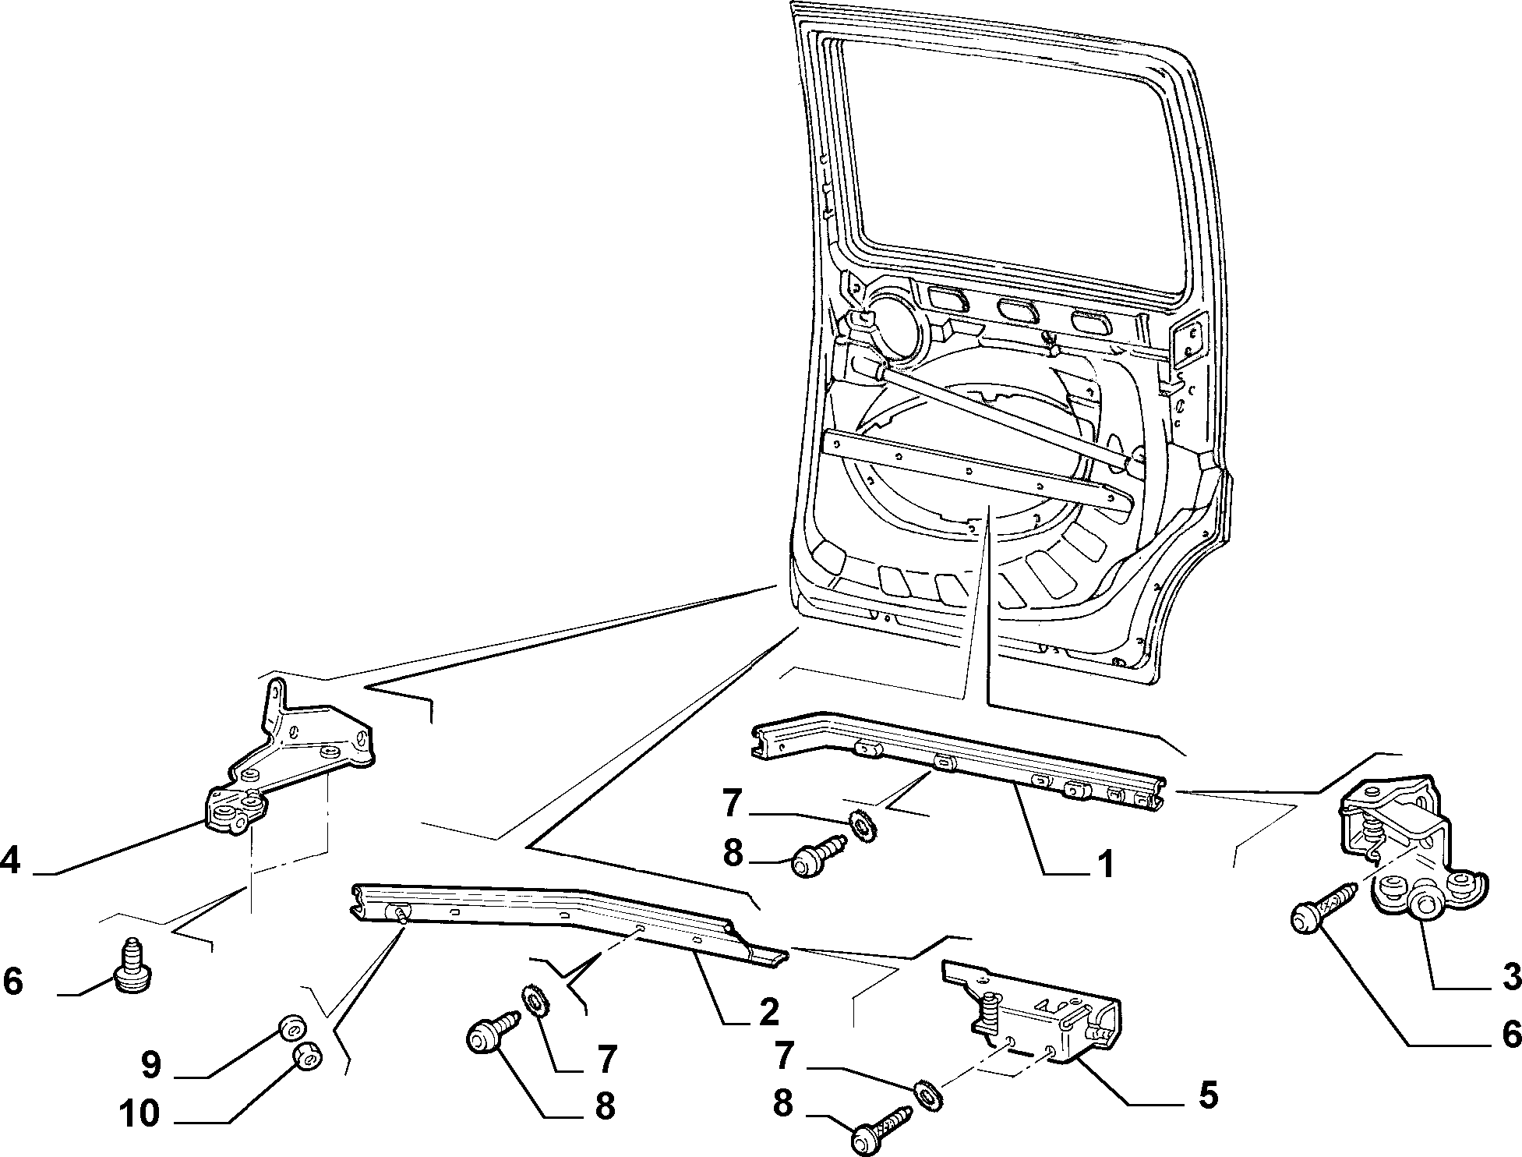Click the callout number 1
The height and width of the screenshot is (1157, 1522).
coord(1104,864)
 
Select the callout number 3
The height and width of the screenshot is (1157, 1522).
coord(1510,975)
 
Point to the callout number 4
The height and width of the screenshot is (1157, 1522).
coord(12,861)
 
